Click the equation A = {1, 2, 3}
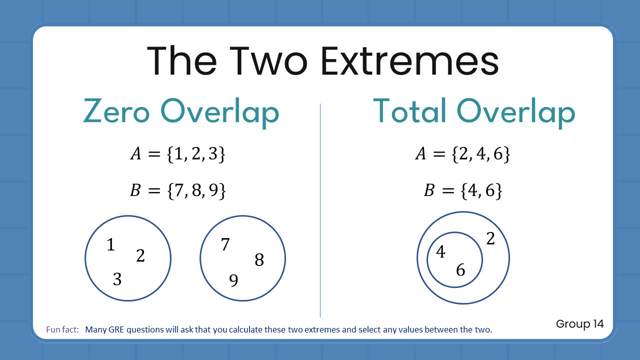(177, 154)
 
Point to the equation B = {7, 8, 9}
(177, 190)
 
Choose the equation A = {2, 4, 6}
(462, 154)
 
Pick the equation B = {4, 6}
(462, 190)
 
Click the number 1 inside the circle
(111, 245)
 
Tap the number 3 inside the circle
(117, 279)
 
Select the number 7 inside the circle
(225, 244)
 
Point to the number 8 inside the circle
(259, 260)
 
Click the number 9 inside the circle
(233, 281)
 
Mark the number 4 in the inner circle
(440, 252)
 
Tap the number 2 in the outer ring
(490, 239)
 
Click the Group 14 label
(579, 324)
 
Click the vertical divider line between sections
(320, 210)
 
